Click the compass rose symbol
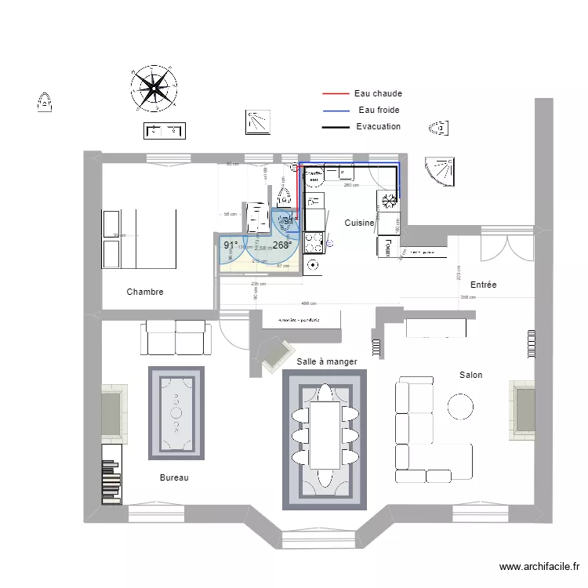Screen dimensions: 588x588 [152, 87]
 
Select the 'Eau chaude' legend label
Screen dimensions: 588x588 [378, 93]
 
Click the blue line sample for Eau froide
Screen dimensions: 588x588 [335, 111]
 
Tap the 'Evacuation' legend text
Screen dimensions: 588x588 [378, 126]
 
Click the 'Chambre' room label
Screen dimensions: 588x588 [145, 292]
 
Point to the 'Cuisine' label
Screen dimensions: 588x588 [359, 223]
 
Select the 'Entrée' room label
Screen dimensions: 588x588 [483, 285]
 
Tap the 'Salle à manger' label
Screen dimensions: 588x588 [327, 361]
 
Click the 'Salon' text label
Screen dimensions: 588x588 [470, 375]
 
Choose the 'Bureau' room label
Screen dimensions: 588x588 [174, 477]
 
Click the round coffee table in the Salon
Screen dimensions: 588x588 [459, 405]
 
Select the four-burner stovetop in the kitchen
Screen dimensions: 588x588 [314, 243]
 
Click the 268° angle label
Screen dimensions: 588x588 [281, 245]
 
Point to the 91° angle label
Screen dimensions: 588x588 [230, 245]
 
